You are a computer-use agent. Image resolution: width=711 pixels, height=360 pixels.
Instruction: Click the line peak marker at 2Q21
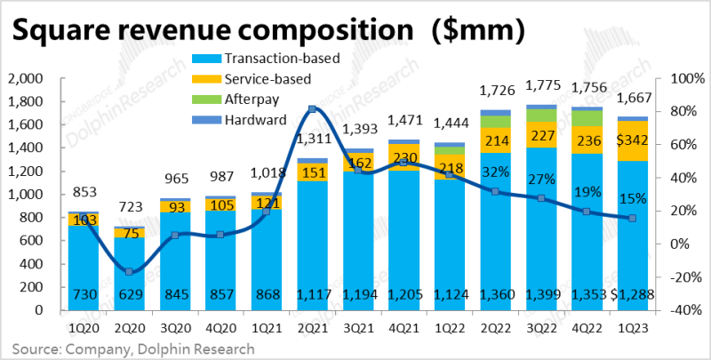tap(312, 109)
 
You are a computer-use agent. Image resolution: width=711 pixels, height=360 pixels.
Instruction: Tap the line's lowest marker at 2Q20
tap(129, 272)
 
